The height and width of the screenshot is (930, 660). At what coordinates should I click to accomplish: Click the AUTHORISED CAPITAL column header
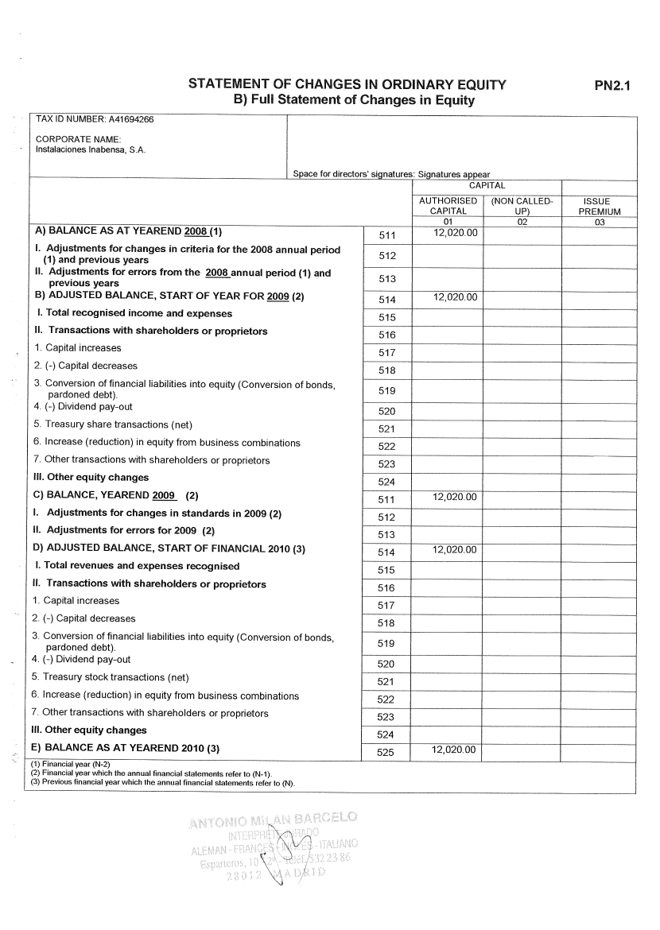pyautogui.click(x=448, y=206)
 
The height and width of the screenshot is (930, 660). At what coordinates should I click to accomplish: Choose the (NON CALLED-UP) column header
pyautogui.click(x=522, y=206)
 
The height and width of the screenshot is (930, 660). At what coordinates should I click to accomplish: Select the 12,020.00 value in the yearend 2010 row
pyautogui.click(x=454, y=750)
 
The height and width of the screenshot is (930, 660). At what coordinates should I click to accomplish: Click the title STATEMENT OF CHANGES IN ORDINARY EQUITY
pyautogui.click(x=347, y=85)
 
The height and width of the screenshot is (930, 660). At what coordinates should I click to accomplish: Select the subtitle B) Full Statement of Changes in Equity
pyautogui.click(x=353, y=100)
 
